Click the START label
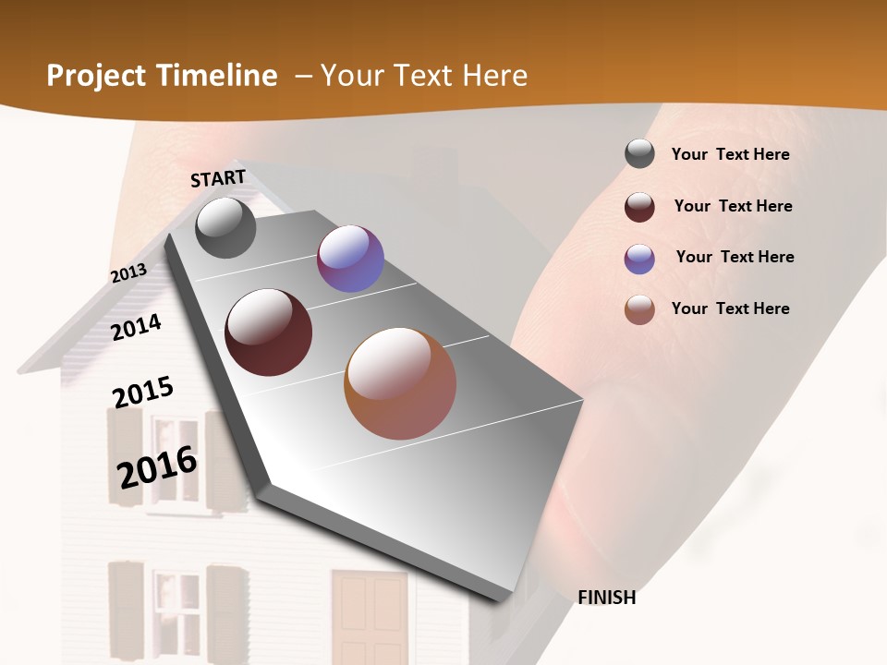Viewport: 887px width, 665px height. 218,178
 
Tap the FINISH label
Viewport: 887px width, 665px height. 607,598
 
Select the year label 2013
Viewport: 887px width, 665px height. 128,272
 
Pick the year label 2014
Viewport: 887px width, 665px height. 136,327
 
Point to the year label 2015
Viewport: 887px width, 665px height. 143,393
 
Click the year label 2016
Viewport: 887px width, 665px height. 157,467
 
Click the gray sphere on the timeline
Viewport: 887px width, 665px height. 225,227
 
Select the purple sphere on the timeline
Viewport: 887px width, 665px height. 350,260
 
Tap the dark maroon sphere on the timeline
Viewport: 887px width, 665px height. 269,332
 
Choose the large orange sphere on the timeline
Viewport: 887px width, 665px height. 400,383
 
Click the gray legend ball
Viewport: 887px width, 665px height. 639,154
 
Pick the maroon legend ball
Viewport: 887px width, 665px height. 639,207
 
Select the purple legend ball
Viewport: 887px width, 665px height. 639,259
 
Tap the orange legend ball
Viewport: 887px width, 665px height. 639,310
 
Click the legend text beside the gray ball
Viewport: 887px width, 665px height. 730,154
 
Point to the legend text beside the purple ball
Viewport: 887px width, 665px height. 735,257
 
